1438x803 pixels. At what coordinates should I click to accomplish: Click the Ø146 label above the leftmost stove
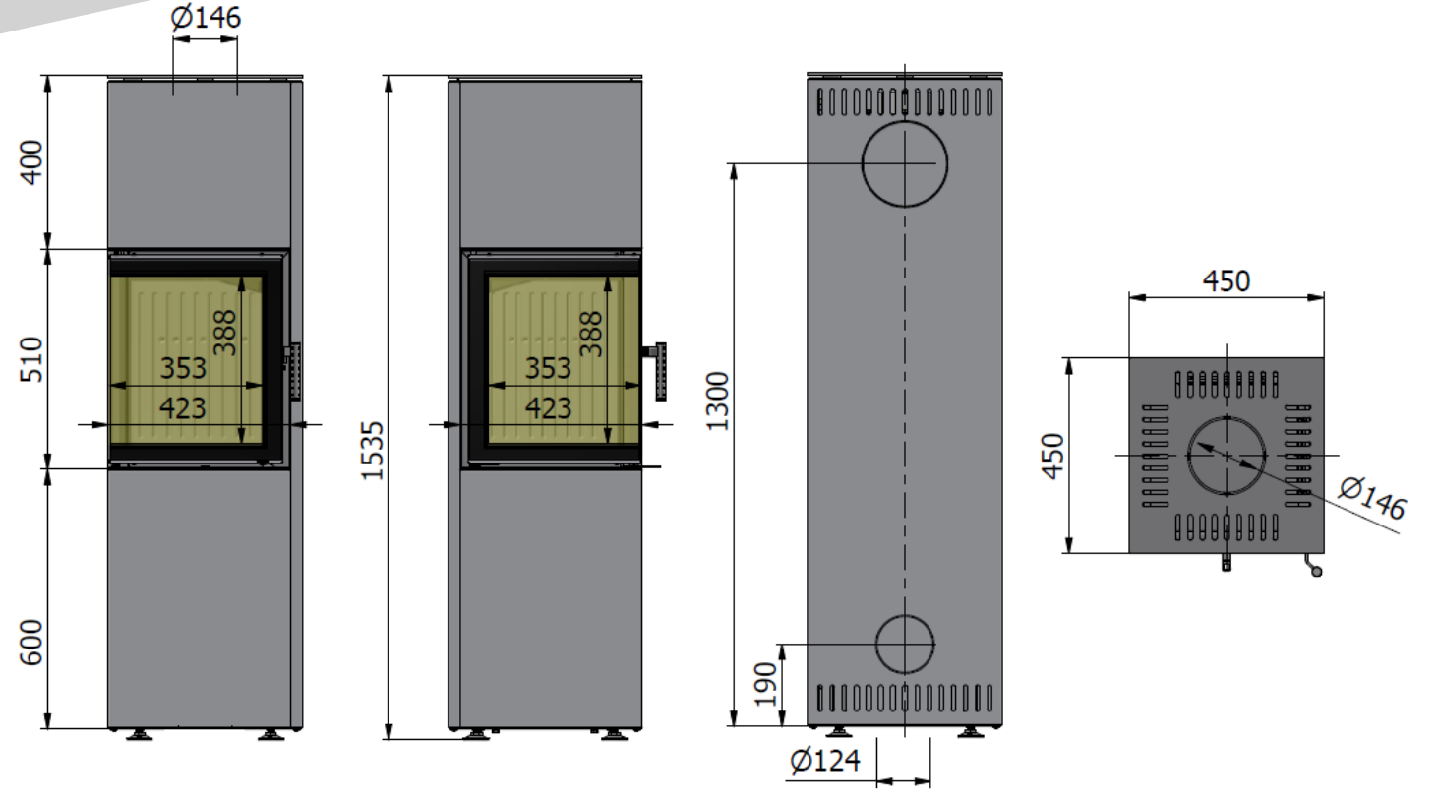point(206,18)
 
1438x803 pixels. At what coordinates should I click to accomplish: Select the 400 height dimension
point(31,162)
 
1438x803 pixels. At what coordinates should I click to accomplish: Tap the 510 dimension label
point(31,359)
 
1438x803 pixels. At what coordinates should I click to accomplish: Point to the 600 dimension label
point(31,643)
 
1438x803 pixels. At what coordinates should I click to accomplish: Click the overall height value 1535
point(373,451)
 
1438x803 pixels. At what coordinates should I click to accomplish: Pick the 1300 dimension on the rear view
point(718,401)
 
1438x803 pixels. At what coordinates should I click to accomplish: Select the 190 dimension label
point(765,684)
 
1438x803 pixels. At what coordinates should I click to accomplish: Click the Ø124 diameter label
point(825,761)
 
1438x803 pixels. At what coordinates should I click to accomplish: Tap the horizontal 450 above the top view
point(1227,281)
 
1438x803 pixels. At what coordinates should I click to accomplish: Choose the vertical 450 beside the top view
point(1053,456)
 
